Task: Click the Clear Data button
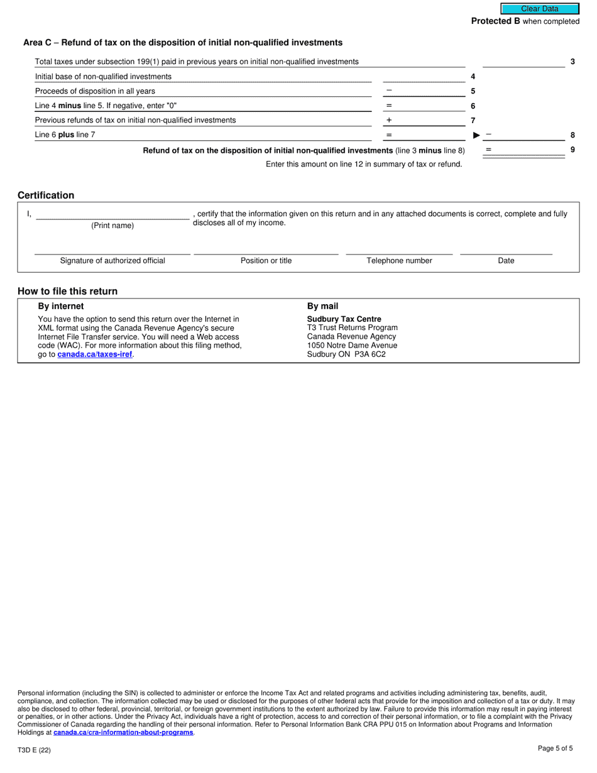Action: pyautogui.click(x=539, y=9)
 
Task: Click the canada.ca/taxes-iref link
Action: pyautogui.click(x=95, y=354)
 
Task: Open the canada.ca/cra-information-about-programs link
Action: pyautogui.click(x=123, y=733)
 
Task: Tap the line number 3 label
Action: pyautogui.click(x=572, y=62)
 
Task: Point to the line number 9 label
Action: pyautogui.click(x=572, y=150)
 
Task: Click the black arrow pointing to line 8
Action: pyautogui.click(x=476, y=135)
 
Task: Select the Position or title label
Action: pyautogui.click(x=266, y=261)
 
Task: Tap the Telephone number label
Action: pyautogui.click(x=399, y=261)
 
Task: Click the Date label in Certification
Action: pyautogui.click(x=506, y=261)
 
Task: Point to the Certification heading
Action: pyautogui.click(x=46, y=195)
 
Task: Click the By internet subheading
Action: pyautogui.click(x=61, y=306)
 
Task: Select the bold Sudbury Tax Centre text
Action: pyautogui.click(x=344, y=319)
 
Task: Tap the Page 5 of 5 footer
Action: pyautogui.click(x=555, y=748)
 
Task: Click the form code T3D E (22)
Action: pyautogui.click(x=35, y=750)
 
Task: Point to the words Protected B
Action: pyautogui.click(x=495, y=21)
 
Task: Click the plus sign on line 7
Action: pyautogui.click(x=389, y=120)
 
